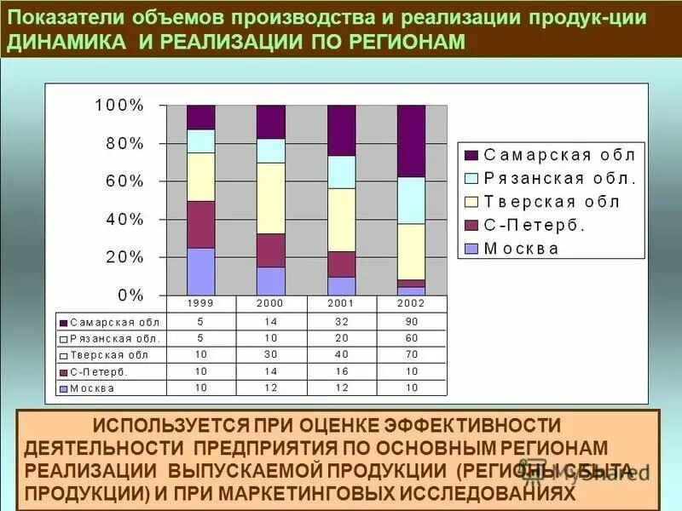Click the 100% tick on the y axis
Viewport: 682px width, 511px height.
coord(119,106)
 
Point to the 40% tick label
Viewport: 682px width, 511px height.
coord(124,219)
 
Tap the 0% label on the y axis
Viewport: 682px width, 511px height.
coord(130,295)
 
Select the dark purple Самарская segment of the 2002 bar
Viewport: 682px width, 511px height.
coord(411,141)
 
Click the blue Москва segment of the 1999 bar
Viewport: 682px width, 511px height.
coord(201,271)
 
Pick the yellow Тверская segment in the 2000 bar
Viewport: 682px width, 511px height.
coord(271,198)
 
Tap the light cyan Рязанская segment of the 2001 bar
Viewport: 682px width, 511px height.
coord(341,172)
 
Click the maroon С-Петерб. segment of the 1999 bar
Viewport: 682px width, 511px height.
coord(201,224)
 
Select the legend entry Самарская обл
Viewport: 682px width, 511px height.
coord(551,155)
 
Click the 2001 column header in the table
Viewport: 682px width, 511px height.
coord(341,303)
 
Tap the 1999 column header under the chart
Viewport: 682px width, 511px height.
coord(201,303)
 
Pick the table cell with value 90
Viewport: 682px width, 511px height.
coord(411,322)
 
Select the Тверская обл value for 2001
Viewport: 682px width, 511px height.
coord(341,354)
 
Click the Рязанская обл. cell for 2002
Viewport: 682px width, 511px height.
coord(411,338)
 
